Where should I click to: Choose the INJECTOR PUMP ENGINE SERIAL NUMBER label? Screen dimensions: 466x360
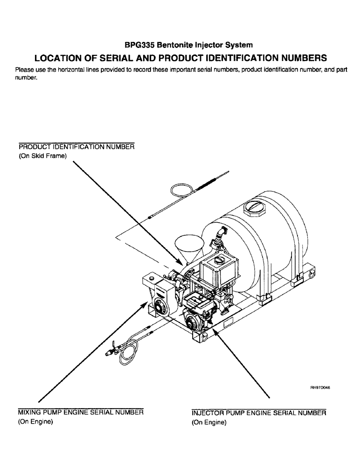point(259,413)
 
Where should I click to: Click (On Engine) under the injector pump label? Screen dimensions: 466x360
point(209,423)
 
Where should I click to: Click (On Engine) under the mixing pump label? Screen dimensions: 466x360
point(35,422)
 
